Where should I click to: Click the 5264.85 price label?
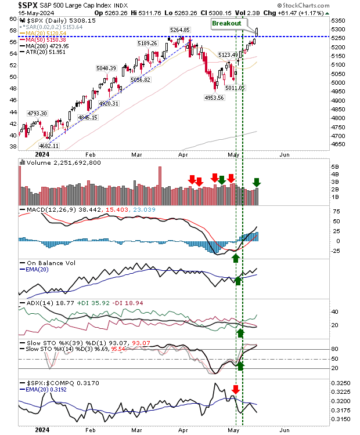pos(179,29)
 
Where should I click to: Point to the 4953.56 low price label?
pos(214,97)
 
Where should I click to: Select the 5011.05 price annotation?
pos(235,88)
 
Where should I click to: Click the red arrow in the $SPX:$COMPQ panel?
pos(236,389)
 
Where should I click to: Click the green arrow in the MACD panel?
pos(236,257)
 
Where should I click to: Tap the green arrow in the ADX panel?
pos(240,333)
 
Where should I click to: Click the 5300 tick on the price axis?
pos(339,28)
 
